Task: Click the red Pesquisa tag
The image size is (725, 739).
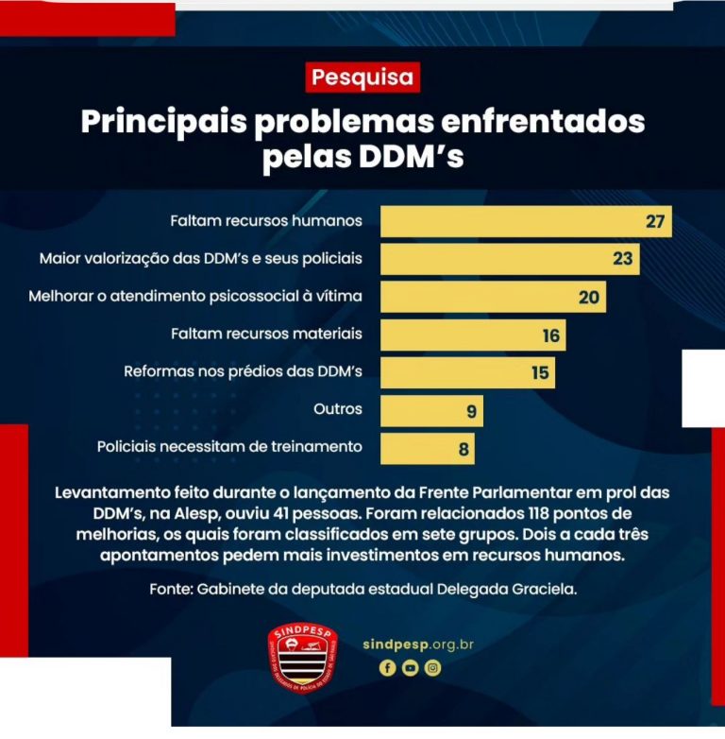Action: tap(362, 77)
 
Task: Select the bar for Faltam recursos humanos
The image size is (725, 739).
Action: tap(525, 222)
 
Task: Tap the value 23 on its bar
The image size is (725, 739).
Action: tap(622, 258)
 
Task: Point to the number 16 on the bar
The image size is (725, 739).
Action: tap(551, 335)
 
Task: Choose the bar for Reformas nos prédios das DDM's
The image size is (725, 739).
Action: tap(467, 372)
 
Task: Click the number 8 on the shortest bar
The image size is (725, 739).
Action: tap(464, 449)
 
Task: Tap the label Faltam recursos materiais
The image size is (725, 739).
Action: tap(266, 334)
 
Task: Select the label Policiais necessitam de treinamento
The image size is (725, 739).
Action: tap(229, 446)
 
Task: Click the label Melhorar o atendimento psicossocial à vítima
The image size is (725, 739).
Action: tap(195, 296)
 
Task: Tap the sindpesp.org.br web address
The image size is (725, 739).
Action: tap(417, 644)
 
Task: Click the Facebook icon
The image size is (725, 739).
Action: tap(387, 667)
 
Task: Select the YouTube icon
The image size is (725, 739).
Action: tap(410, 667)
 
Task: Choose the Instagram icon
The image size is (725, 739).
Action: tap(432, 667)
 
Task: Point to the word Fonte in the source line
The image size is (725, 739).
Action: tap(170, 588)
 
